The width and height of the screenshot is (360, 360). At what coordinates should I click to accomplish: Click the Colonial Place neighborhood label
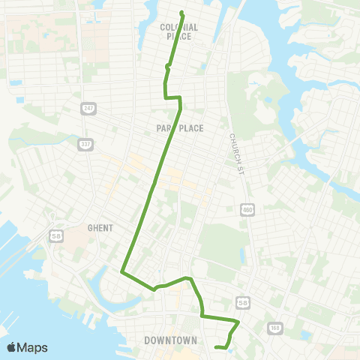tap(178, 31)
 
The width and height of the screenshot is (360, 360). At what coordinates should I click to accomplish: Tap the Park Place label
tap(181, 128)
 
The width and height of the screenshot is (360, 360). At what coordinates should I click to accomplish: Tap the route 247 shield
tap(88, 109)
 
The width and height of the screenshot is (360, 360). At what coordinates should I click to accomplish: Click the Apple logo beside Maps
tap(11, 347)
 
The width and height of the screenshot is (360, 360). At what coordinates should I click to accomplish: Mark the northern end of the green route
tap(182, 12)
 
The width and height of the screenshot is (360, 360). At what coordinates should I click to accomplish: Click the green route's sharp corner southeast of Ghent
tap(121, 271)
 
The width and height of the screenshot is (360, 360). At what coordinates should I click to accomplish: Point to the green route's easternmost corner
tap(238, 322)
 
